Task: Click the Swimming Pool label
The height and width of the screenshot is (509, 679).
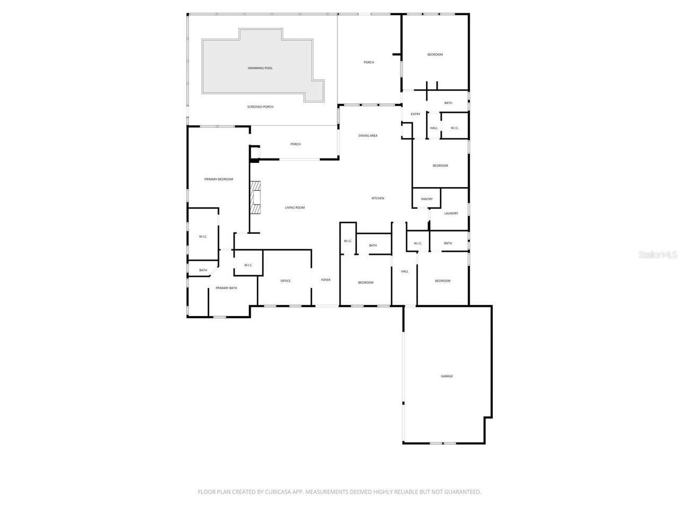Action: point(260,68)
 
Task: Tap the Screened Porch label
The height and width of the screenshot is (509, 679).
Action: point(260,107)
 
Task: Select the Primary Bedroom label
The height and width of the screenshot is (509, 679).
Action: point(219,179)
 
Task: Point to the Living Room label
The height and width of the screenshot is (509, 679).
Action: point(295,207)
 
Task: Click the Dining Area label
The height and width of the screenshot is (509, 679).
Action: point(368,136)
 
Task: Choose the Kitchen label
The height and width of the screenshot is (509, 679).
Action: point(378,198)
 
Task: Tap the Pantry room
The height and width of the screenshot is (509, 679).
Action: point(427,199)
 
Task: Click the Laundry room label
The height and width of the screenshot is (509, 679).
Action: point(451,213)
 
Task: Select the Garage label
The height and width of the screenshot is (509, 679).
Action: point(447,376)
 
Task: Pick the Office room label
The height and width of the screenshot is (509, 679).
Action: point(285,281)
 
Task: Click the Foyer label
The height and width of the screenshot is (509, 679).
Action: point(325,280)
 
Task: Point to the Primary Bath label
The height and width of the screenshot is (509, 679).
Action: point(226,288)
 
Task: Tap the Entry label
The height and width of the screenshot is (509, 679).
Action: point(415,114)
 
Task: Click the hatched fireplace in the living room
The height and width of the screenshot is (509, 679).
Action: point(257,197)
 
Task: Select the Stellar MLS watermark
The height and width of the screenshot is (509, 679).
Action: point(658,254)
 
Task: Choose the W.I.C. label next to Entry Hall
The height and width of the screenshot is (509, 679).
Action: point(455,128)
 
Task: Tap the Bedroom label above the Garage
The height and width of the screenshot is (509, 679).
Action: point(442,281)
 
